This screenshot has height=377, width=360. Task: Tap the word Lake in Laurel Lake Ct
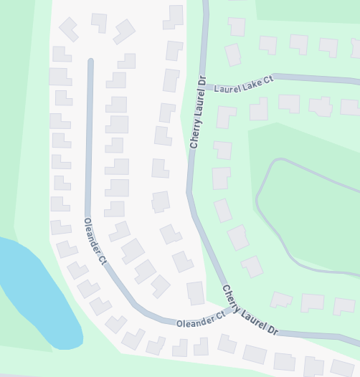point(248,82)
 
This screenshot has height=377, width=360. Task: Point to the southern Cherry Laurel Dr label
point(250,310)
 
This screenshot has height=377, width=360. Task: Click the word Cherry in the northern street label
point(195,132)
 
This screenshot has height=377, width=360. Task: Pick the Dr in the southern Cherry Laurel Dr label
point(272,330)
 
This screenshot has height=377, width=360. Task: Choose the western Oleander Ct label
point(95,241)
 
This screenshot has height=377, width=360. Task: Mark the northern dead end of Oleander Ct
point(90,63)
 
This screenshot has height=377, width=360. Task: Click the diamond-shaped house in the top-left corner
point(68,29)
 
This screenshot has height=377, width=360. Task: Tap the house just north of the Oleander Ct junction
point(196,292)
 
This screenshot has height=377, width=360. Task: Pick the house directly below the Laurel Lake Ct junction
point(225,116)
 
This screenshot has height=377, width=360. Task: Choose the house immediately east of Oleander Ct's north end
point(127,62)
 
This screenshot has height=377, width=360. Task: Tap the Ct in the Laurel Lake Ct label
point(267,80)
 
